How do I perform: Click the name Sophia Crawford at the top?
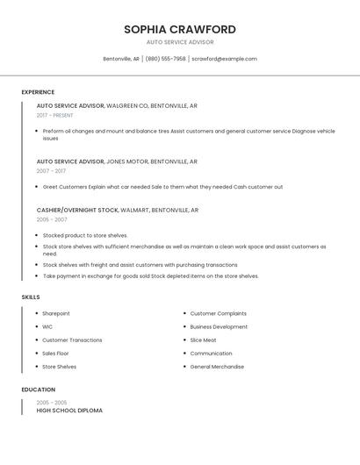tap(179, 29)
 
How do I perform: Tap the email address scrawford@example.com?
tap(224, 59)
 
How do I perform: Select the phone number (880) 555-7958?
tap(165, 59)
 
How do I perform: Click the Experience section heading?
tap(38, 92)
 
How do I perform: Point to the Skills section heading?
tap(31, 297)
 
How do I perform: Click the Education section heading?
tap(38, 390)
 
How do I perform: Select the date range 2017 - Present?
tap(55, 115)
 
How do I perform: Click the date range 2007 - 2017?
tap(51, 171)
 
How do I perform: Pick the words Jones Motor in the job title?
tap(127, 161)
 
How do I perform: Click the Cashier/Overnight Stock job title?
tap(77, 211)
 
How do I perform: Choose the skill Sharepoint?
tap(56, 313)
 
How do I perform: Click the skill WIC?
tap(47, 326)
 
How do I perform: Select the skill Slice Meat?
tap(203, 340)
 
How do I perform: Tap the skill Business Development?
tap(219, 326)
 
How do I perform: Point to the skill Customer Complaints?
tap(218, 313)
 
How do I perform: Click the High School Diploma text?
tap(69, 411)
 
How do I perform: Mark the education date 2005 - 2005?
tap(52, 402)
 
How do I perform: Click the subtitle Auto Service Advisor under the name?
tap(179, 42)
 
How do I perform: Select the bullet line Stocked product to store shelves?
tap(85, 235)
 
